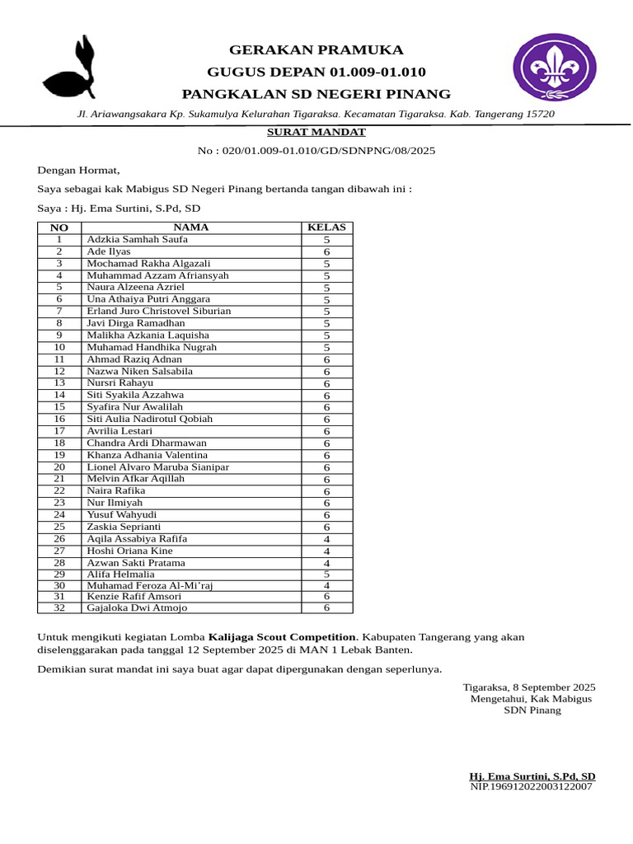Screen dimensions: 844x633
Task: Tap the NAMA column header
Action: pos(190,227)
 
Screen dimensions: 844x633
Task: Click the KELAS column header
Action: pos(326,227)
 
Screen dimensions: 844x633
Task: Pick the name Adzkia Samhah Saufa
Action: pos(138,240)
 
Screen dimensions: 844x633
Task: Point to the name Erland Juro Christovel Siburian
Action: pos(159,312)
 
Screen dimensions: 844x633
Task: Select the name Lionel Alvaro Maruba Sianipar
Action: pos(158,467)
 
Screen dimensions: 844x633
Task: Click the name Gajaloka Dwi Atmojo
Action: pos(137,607)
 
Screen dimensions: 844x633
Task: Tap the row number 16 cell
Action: pos(59,419)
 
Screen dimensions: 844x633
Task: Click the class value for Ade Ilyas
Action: pos(326,252)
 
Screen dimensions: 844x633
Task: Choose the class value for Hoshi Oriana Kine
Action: pos(326,551)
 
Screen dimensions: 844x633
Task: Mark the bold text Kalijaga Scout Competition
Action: pos(283,637)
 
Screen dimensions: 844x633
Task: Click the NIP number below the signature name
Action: pos(531,787)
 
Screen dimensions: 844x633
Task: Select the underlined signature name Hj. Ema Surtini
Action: pos(532,776)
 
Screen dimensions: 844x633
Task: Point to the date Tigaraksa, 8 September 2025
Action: pos(528,687)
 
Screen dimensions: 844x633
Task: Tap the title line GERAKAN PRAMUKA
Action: pos(316,49)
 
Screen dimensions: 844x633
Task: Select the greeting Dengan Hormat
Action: pos(78,171)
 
